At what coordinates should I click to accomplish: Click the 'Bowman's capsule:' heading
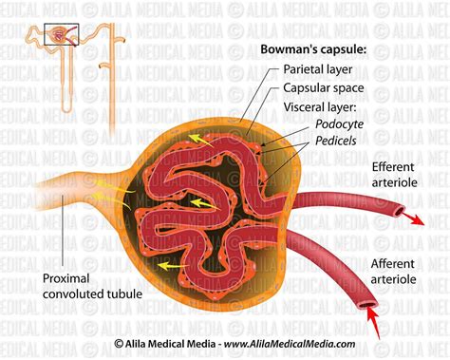click(x=313, y=49)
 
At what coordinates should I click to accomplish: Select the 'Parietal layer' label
click(x=318, y=69)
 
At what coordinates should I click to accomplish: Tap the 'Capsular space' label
click(x=324, y=88)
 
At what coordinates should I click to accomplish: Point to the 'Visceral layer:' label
click(x=320, y=107)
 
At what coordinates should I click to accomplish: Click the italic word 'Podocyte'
click(x=339, y=123)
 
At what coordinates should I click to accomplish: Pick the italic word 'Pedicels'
click(x=336, y=141)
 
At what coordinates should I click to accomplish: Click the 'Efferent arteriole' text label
click(x=394, y=175)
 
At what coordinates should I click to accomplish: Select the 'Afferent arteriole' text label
click(x=393, y=272)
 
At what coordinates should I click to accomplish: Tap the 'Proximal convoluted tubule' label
click(x=92, y=286)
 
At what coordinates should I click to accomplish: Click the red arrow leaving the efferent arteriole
click(x=413, y=218)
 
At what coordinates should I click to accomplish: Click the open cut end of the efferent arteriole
click(x=400, y=210)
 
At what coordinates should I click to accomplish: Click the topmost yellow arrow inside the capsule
click(x=200, y=141)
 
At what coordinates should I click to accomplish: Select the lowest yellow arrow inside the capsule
click(x=173, y=266)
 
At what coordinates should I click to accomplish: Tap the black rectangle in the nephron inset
click(x=62, y=34)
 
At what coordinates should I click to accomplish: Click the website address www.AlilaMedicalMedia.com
click(x=290, y=344)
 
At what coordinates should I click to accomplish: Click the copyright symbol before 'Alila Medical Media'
click(x=119, y=344)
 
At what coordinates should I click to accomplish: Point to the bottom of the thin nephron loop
click(x=66, y=110)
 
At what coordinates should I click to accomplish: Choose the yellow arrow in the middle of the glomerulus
click(x=205, y=203)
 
